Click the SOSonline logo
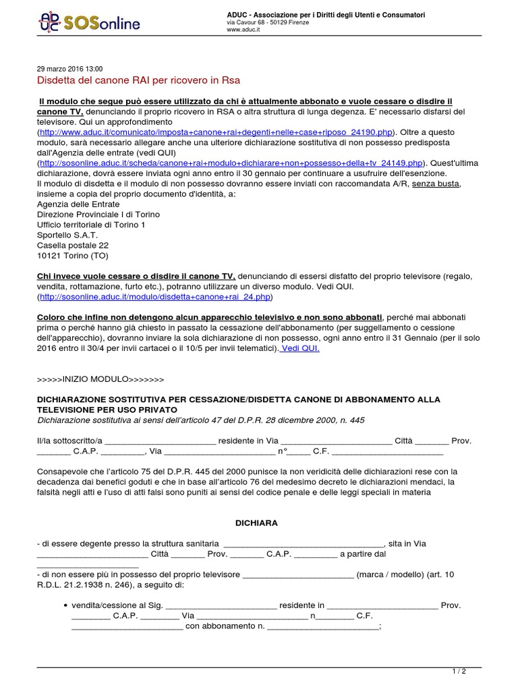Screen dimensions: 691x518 pyautogui.click(x=90, y=24)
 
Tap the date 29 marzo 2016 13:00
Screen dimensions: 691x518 pyautogui.click(x=69, y=69)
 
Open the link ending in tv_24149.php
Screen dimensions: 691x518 pyautogui.click(x=231, y=163)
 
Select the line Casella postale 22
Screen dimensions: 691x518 pyautogui.click(x=73, y=245)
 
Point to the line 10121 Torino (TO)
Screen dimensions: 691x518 pyautogui.click(x=73, y=255)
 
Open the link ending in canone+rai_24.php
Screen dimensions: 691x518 pyautogui.click(x=156, y=296)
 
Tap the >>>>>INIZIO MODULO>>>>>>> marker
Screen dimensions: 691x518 pyautogui.click(x=100, y=379)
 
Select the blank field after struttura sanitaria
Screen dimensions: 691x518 pyautogui.click(x=303, y=543)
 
